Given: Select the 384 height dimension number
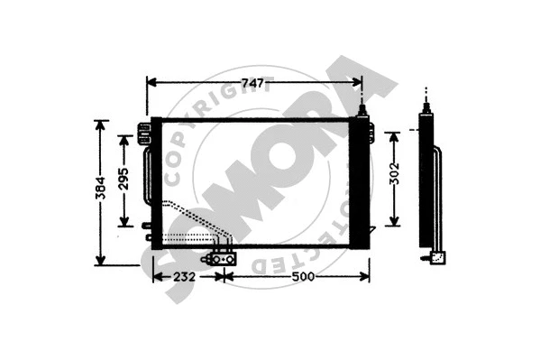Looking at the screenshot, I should coord(101,187).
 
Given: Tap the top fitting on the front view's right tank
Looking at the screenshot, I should coord(362,112).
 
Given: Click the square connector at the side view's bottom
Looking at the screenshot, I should coord(436,256).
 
